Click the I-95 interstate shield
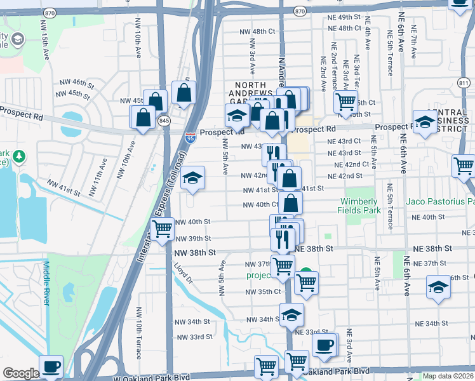(191, 137)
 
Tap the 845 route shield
(164, 121)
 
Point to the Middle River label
(47, 283)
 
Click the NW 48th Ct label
(257, 31)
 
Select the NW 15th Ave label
(46, 43)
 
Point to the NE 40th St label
(428, 217)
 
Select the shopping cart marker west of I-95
(163, 228)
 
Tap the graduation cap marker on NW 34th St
(291, 314)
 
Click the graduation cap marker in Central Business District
(424, 120)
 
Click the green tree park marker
(20, 156)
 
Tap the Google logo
(21, 373)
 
